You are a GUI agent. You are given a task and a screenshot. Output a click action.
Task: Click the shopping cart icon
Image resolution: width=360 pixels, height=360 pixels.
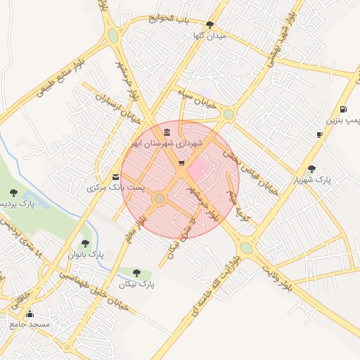point(181,163)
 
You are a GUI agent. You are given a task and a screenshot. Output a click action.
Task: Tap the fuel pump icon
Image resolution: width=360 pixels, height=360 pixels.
point(343,109)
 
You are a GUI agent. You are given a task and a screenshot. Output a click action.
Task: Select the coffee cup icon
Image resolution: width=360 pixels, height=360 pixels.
point(320,134)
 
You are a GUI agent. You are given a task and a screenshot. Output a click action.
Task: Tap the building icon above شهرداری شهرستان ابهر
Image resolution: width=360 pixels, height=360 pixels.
point(166,132)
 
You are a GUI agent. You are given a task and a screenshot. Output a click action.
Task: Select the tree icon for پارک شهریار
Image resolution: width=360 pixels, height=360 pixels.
point(311,168)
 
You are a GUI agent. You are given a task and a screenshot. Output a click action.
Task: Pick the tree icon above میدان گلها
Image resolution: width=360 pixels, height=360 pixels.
point(210,25)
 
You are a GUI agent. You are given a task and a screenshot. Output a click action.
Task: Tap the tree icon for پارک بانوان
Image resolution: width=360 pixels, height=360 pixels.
point(85,243)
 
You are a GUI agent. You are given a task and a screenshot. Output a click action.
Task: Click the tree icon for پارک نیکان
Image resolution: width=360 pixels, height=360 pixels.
point(136,273)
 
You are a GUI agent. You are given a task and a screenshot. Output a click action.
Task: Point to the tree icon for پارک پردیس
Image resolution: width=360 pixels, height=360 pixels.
point(13,193)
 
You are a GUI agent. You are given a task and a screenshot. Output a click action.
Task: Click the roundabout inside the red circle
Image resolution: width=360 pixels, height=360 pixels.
point(160,199)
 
